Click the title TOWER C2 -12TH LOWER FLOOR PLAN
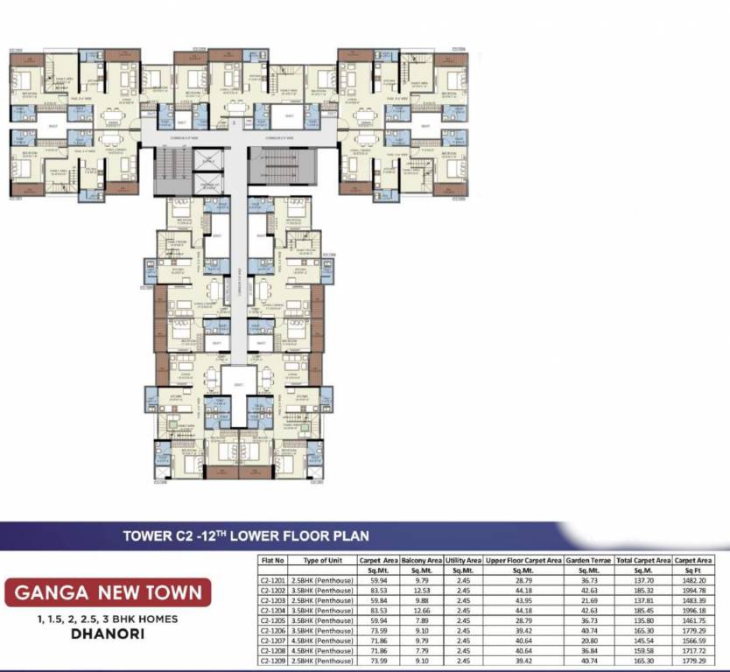tap(246, 535)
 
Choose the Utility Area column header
tap(463, 560)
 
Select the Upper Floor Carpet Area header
tap(523, 560)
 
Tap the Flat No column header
tap(273, 560)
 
